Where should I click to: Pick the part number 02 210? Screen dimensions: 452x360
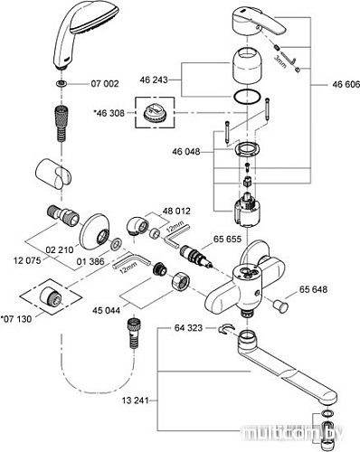(57, 245)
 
